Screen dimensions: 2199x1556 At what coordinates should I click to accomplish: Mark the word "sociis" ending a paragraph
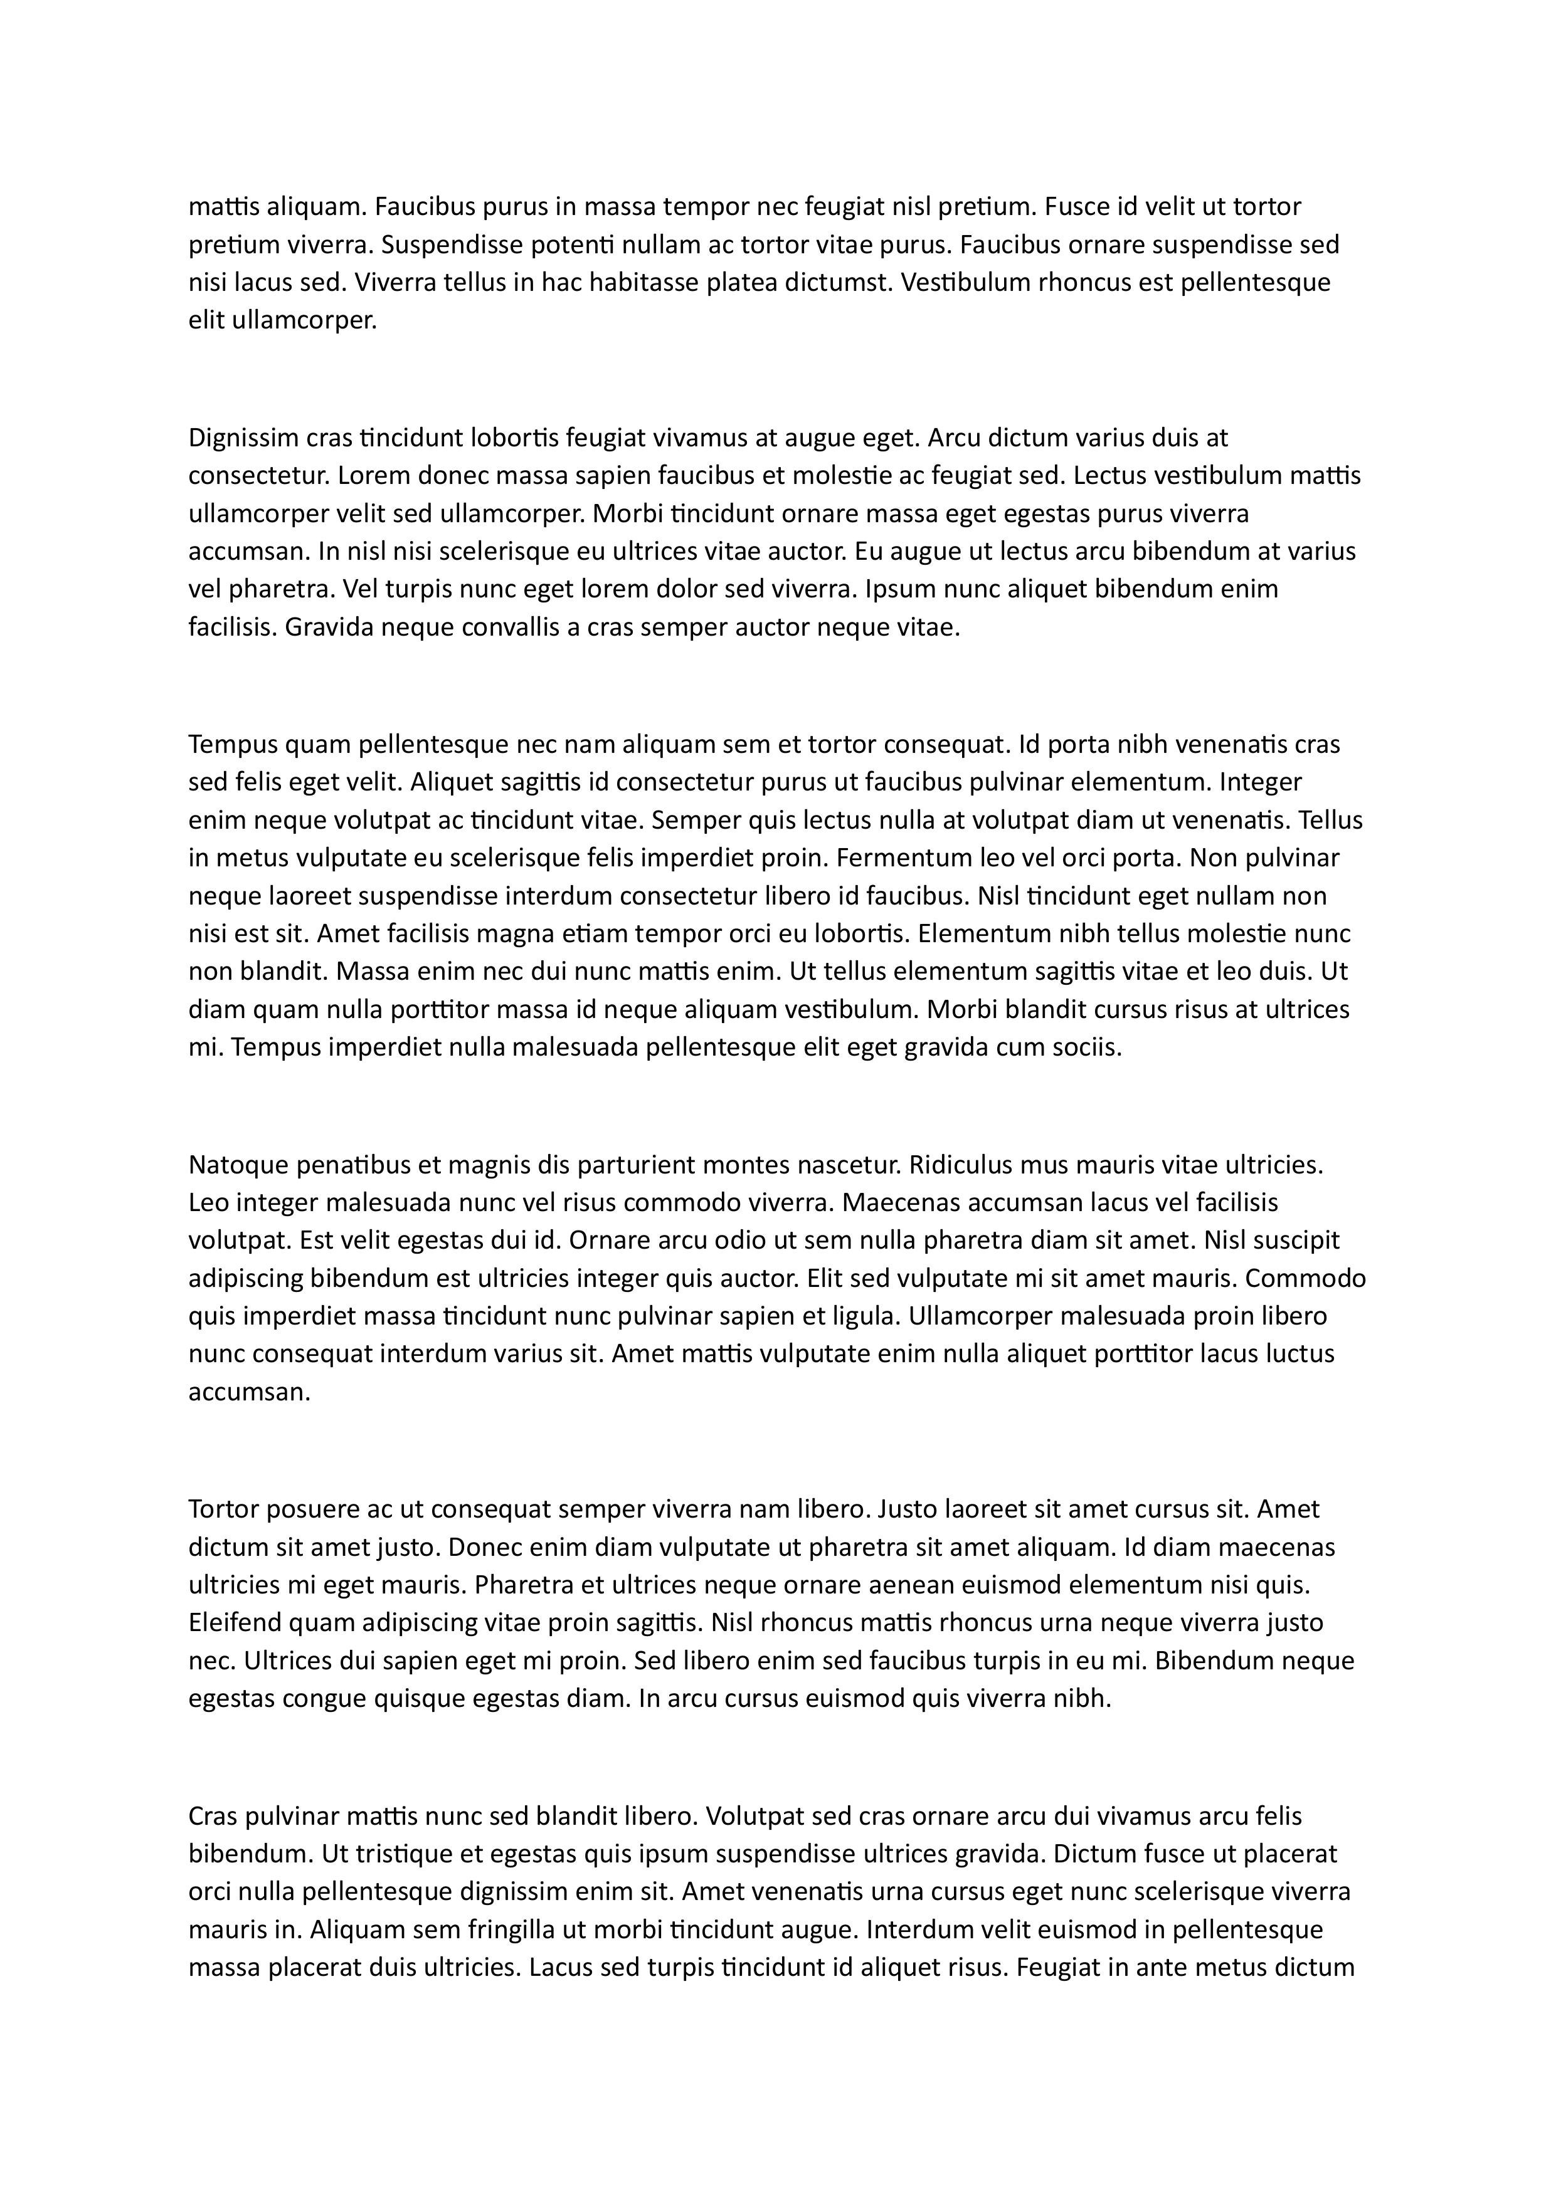point(1086,1047)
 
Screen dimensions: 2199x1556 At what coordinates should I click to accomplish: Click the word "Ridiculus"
point(959,1165)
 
